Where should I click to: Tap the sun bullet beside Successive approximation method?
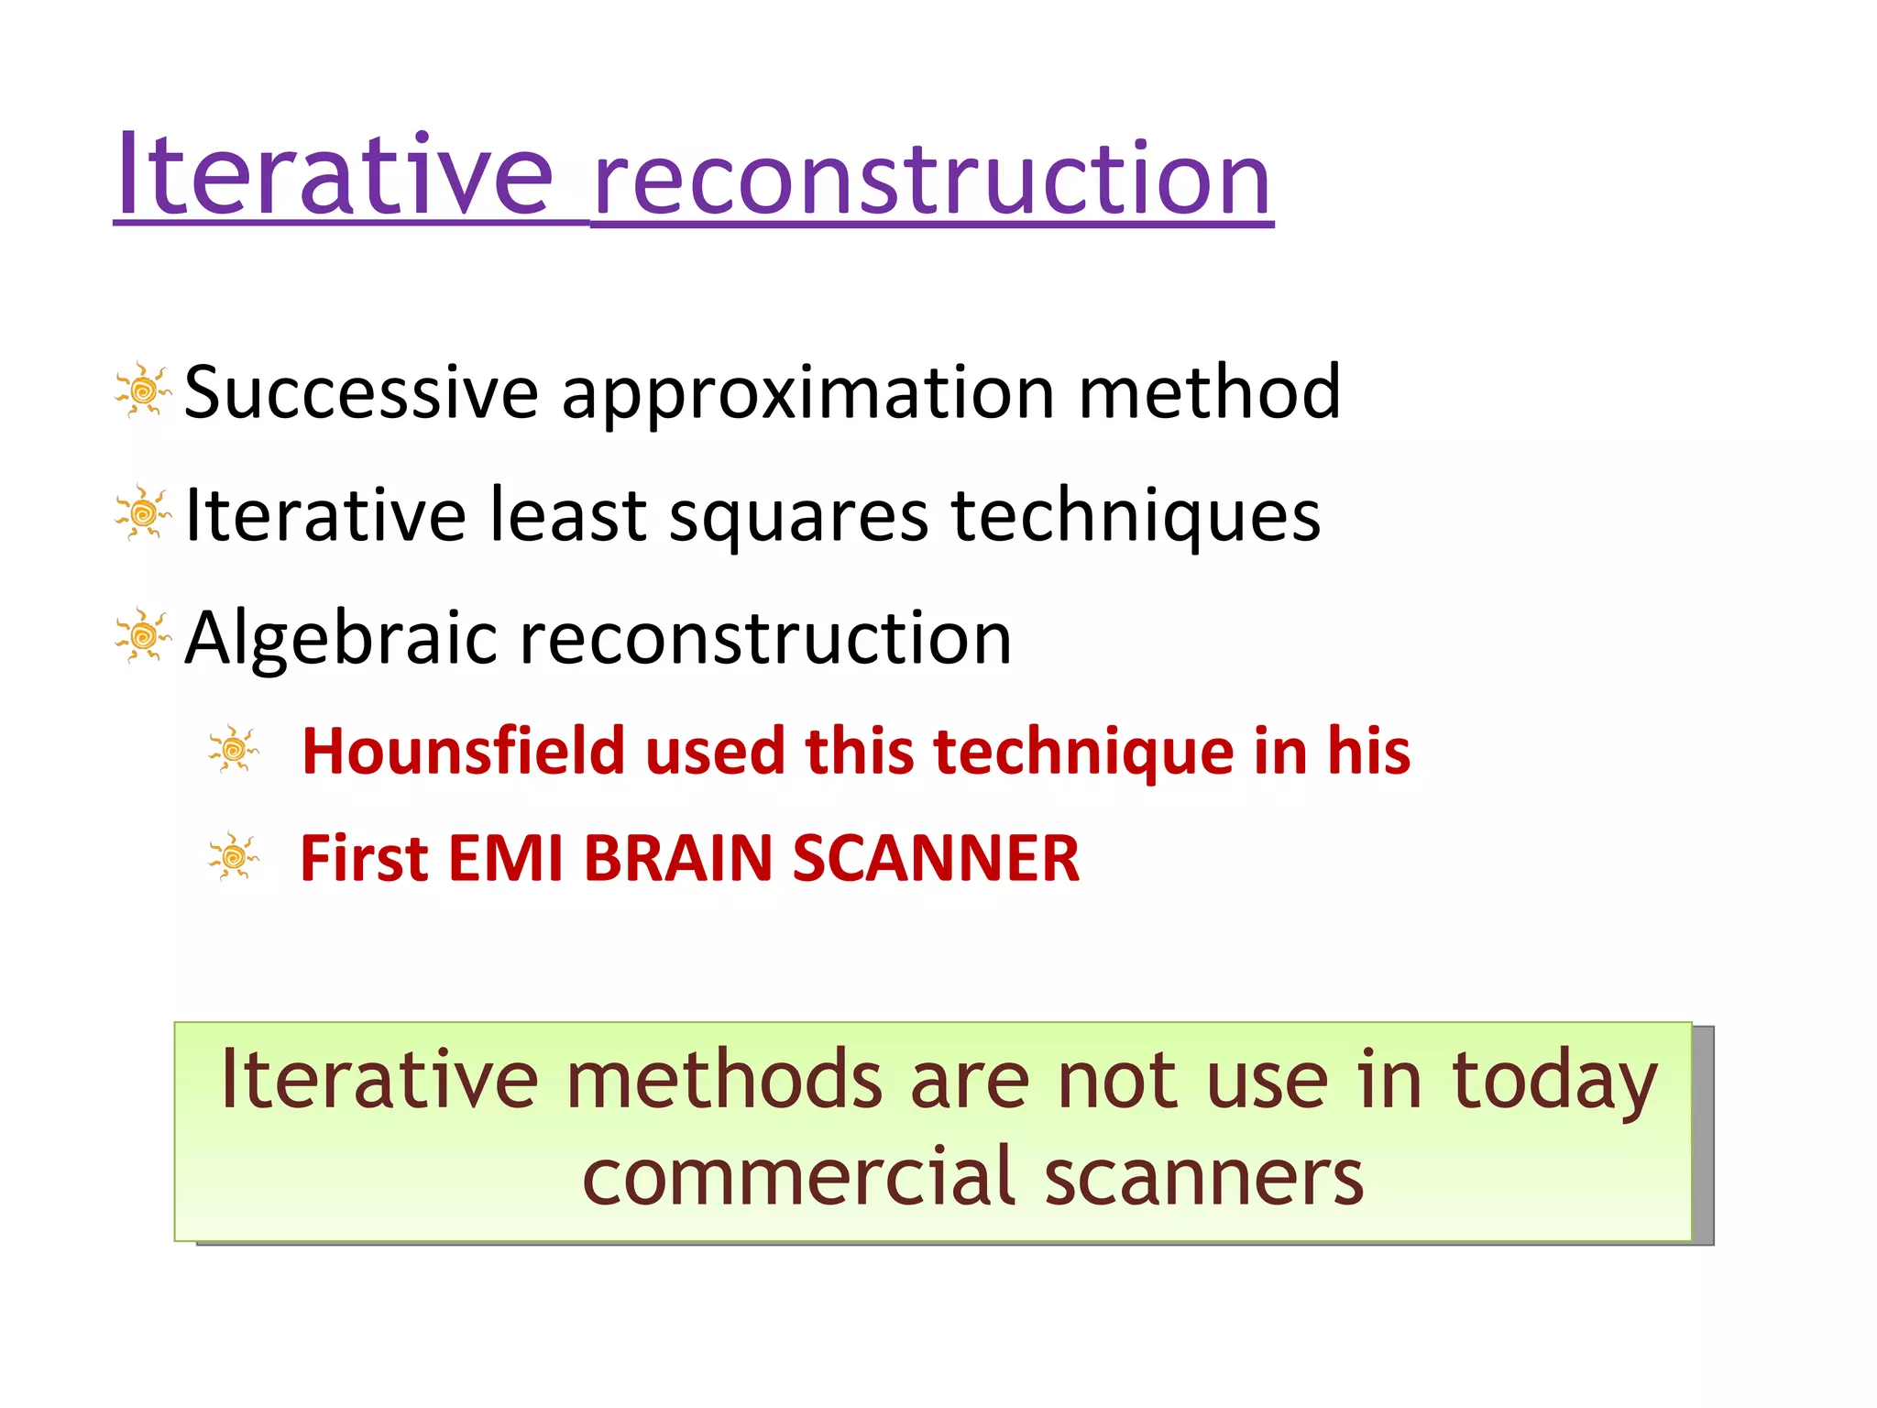coord(143,391)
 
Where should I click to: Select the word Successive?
coord(361,392)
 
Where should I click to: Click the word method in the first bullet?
coord(1209,392)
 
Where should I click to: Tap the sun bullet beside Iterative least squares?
coord(143,513)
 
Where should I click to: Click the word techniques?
coord(1136,517)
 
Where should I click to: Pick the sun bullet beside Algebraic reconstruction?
coord(143,635)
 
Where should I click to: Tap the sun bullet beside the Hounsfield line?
coord(233,750)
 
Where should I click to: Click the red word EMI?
coord(505,859)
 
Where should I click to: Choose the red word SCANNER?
coord(936,859)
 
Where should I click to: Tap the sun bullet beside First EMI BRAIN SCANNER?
coord(233,857)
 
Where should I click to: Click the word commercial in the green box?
coord(797,1177)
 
